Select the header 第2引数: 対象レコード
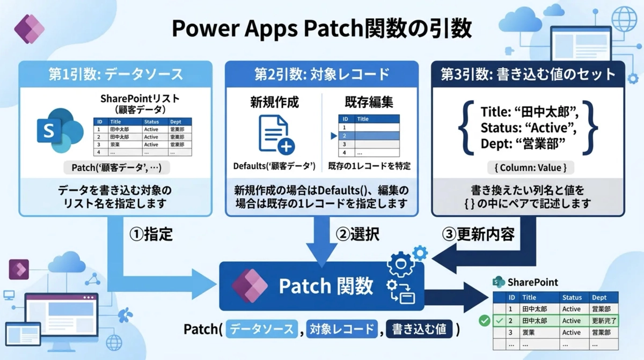[x=321, y=74]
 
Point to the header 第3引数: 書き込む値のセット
[x=528, y=74]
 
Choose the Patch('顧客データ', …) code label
[x=116, y=168]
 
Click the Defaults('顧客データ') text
[x=274, y=166]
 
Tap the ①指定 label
[x=151, y=234]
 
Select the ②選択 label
[x=358, y=234]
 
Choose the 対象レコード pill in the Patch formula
[x=341, y=329]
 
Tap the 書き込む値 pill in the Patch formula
[x=419, y=329]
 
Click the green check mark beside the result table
[x=485, y=321]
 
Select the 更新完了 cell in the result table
[x=604, y=321]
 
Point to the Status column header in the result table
[x=572, y=297]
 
